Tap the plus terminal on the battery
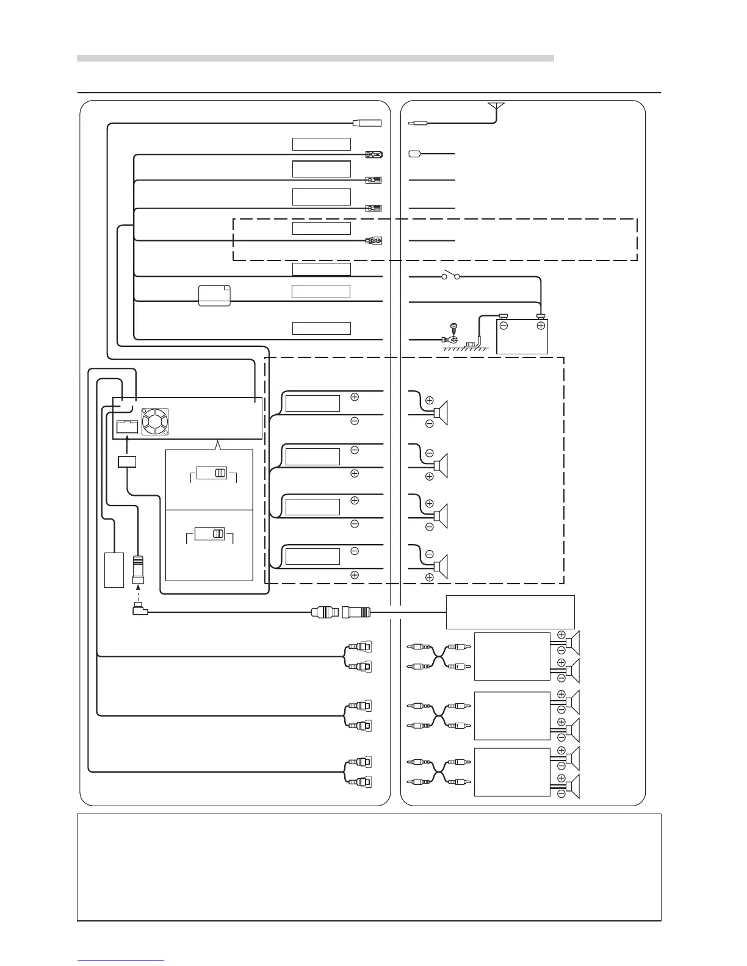(x=540, y=326)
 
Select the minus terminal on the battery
(x=504, y=326)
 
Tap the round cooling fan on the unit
(x=154, y=421)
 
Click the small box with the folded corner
(x=214, y=295)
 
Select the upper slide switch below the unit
(x=212, y=473)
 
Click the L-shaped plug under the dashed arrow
(x=139, y=609)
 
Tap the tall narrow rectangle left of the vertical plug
(x=114, y=570)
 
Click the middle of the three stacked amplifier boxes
(x=511, y=716)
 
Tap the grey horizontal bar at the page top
(x=315, y=59)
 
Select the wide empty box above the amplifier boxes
(x=510, y=612)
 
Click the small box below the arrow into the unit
(x=127, y=461)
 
